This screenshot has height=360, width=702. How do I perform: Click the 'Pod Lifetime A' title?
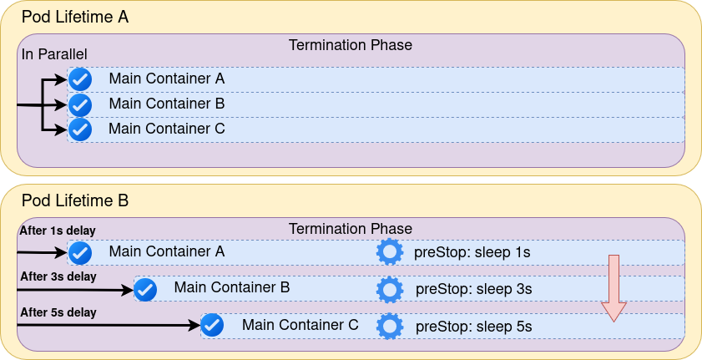pyautogui.click(x=74, y=17)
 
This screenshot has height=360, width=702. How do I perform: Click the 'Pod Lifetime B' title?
pyautogui.click(x=74, y=200)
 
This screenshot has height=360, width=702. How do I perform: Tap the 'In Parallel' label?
pyautogui.click(x=54, y=54)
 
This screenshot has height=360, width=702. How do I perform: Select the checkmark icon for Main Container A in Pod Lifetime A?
pyautogui.click(x=79, y=79)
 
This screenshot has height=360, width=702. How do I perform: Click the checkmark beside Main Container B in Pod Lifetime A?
pyautogui.click(x=79, y=104)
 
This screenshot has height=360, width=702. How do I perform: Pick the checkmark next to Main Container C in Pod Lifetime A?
pyautogui.click(x=79, y=129)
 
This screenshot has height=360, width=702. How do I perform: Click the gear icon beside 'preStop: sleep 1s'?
pyautogui.click(x=390, y=252)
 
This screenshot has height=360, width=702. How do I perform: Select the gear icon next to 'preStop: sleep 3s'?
pyautogui.click(x=390, y=289)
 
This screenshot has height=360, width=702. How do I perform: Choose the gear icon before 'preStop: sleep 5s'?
pyautogui.click(x=390, y=326)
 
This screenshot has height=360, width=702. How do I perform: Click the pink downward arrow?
pyautogui.click(x=614, y=288)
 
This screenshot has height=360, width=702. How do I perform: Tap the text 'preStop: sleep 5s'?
pyautogui.click(x=473, y=327)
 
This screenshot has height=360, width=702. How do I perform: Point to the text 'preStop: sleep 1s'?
pyautogui.click(x=472, y=252)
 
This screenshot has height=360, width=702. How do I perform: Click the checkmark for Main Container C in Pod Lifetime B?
pyautogui.click(x=212, y=325)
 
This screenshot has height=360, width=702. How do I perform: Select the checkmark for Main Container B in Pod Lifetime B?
pyautogui.click(x=145, y=289)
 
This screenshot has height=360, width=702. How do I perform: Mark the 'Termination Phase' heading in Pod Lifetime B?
pyautogui.click(x=351, y=229)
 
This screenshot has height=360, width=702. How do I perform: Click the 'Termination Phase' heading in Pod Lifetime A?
pyautogui.click(x=351, y=45)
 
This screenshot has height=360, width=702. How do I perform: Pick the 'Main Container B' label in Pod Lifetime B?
pyautogui.click(x=232, y=287)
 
